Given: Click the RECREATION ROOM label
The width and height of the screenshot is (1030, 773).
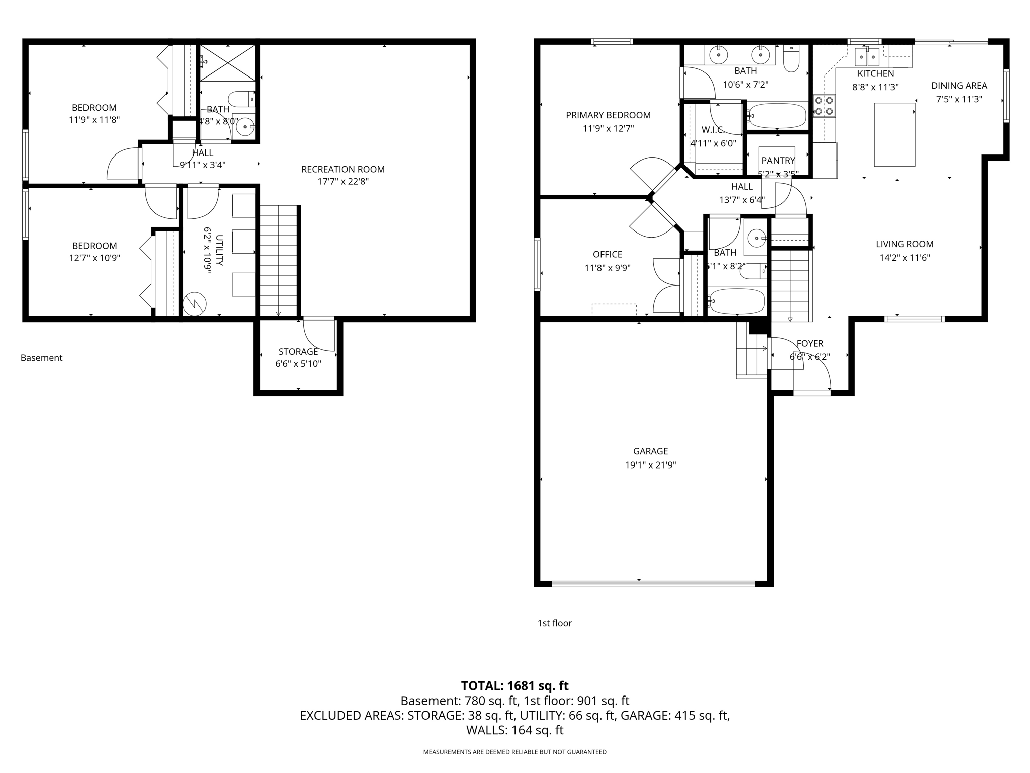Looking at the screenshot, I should (x=342, y=170).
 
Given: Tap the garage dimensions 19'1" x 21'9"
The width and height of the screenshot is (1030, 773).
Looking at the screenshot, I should (x=650, y=465).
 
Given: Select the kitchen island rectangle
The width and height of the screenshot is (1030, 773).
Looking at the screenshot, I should (x=894, y=134).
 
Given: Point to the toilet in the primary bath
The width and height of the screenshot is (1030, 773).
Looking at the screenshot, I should (x=791, y=59).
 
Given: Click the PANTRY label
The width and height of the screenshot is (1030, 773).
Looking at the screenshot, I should (x=778, y=161).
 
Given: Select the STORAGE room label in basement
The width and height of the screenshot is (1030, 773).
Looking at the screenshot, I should (x=298, y=352).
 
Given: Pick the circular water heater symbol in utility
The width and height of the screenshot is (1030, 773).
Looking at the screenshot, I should (x=195, y=304).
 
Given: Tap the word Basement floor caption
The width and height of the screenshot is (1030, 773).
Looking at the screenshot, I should (x=41, y=358).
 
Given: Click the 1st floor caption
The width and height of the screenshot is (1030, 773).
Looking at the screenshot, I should (x=555, y=623).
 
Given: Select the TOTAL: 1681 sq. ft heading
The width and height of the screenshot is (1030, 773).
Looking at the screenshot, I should (x=514, y=686).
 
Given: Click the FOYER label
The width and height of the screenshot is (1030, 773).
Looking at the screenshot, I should (x=810, y=344).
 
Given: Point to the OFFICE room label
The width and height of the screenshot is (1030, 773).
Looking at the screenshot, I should (x=607, y=255).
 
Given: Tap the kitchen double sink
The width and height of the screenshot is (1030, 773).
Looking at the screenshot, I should (x=868, y=57).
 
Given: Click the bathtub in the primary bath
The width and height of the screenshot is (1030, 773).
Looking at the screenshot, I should (x=777, y=116).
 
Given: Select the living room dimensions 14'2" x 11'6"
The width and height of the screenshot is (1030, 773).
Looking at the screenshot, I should (x=904, y=258).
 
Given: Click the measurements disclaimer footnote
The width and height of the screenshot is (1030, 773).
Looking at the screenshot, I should (x=514, y=752).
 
